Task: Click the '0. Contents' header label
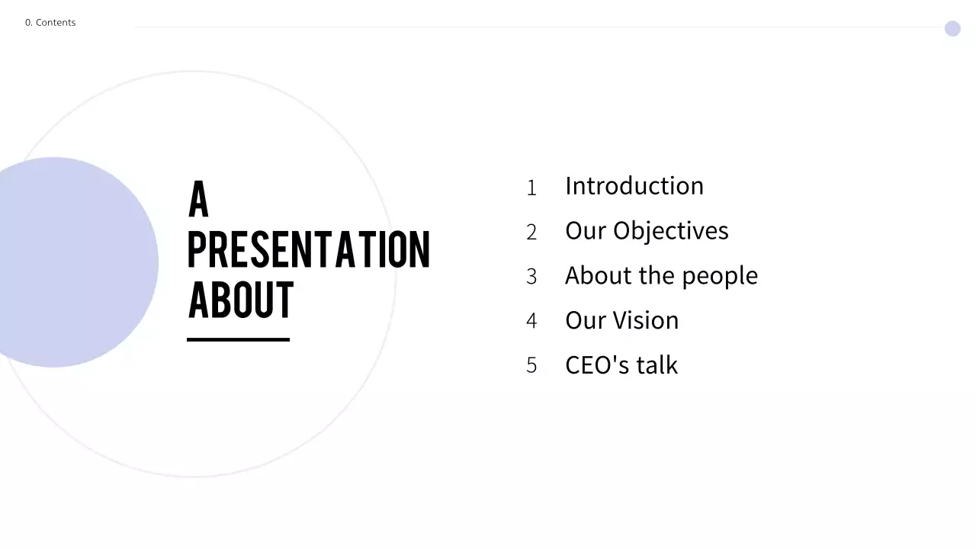[x=50, y=23]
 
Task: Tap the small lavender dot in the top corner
[x=952, y=29]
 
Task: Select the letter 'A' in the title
[x=198, y=200]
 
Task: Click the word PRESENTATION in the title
[x=309, y=249]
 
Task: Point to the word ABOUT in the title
[x=240, y=300]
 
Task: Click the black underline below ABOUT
[x=238, y=339]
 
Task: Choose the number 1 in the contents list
[x=531, y=188]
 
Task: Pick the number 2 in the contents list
[x=531, y=233]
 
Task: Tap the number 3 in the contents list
[x=531, y=277]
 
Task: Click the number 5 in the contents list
[x=531, y=366]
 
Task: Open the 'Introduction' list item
[x=634, y=186]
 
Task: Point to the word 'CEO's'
[x=597, y=365]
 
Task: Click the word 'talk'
[x=657, y=365]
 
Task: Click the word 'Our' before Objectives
[x=586, y=231]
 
